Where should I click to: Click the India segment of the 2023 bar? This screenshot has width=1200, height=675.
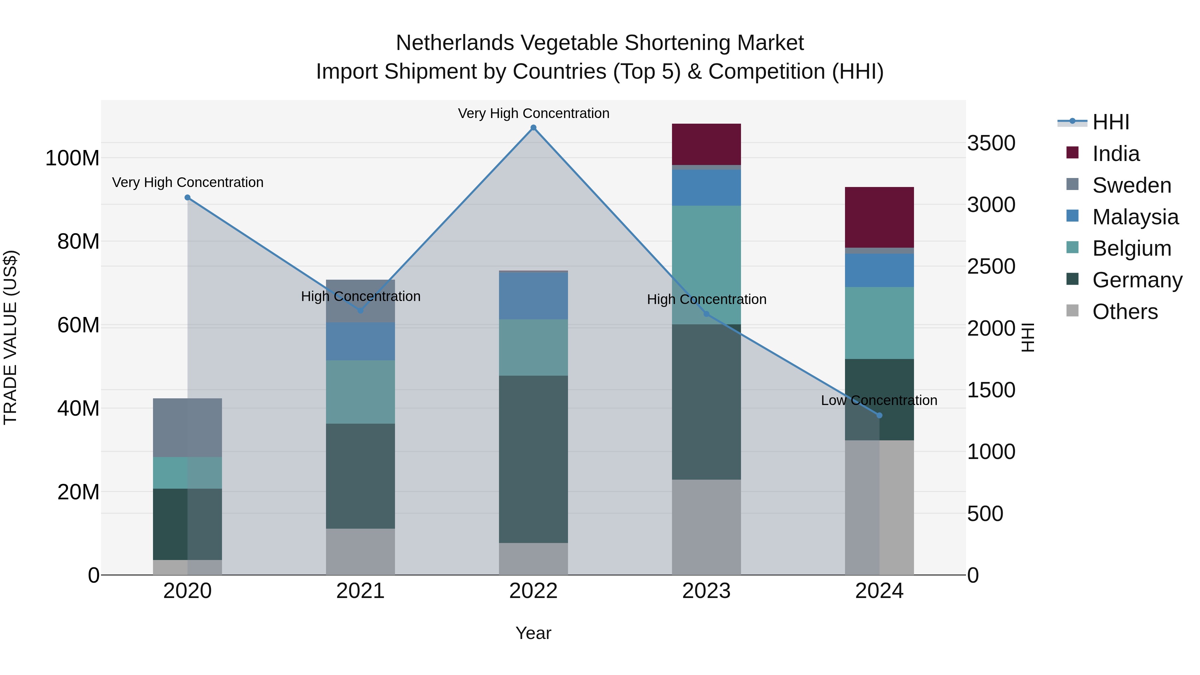706,144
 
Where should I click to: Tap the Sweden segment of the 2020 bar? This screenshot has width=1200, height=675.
187,427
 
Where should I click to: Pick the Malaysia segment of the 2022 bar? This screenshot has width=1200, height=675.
533,296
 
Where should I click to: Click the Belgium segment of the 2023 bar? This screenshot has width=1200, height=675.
706,265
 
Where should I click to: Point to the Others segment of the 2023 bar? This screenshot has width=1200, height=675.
706,527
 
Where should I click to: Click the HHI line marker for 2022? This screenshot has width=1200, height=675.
533,128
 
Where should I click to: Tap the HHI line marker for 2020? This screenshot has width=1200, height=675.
187,198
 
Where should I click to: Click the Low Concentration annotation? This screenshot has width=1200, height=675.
879,400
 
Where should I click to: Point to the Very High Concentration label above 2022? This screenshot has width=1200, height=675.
533,113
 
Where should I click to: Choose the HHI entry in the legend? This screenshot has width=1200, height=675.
1111,122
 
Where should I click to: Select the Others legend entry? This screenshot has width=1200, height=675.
1125,312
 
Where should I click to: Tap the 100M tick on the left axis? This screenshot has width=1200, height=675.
72,158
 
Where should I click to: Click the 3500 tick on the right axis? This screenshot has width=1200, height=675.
991,143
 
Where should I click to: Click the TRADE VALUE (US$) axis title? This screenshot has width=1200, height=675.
10,337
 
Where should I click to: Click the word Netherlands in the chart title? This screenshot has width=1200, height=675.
455,43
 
